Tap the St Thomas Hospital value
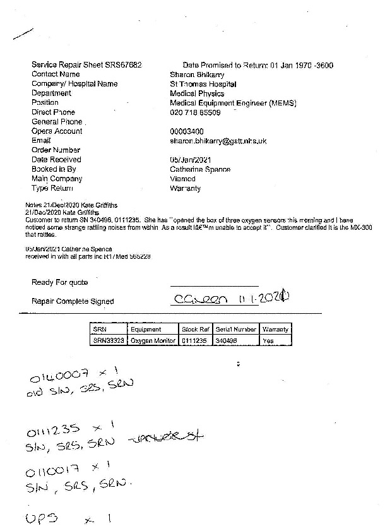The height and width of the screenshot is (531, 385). click(203, 84)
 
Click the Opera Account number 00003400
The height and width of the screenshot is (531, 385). click(187, 131)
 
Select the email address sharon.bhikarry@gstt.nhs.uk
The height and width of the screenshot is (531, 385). click(218, 141)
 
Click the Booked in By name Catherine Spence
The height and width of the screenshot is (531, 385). click(200, 169)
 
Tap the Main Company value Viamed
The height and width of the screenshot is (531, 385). click(182, 179)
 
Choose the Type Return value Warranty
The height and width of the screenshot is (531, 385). click(185, 188)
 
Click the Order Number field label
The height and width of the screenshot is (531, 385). click(56, 150)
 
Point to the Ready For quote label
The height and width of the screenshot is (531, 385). click(60, 282)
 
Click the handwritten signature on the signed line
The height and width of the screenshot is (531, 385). click(230, 298)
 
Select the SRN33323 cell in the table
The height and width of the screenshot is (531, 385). click(109, 340)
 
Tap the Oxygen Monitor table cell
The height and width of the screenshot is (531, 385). click(153, 340)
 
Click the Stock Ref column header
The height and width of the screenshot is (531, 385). click(195, 329)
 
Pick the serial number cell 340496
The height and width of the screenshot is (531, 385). click(225, 340)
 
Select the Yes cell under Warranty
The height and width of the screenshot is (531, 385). click(268, 340)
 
